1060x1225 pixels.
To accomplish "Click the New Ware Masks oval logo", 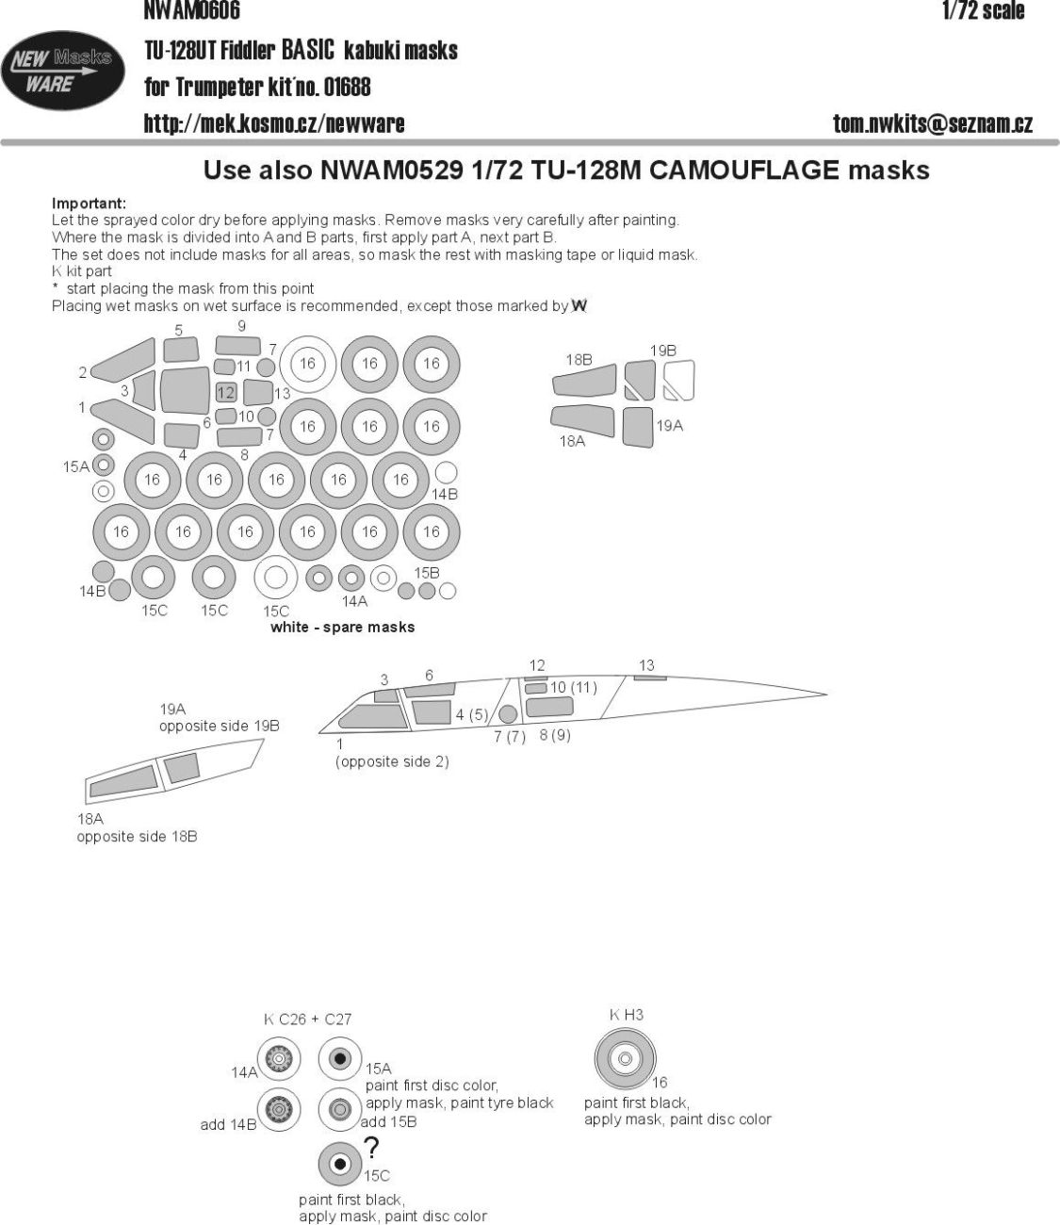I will tap(63, 72).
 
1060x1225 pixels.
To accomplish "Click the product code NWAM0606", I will tap(192, 11).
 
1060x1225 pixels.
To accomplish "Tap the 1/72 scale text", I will tap(982, 11).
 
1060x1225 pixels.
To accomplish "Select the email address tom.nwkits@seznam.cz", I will tap(933, 123).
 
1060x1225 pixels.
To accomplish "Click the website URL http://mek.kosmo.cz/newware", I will tap(274, 123).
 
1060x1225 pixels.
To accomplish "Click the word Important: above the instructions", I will tap(89, 204).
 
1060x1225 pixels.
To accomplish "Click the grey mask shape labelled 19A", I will tap(638, 424).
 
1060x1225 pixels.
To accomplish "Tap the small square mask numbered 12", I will tap(225, 392).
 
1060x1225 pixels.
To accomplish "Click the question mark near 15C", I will tap(372, 1148).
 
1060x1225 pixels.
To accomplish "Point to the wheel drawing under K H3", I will tap(624, 1058).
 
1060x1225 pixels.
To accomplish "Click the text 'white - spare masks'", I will tap(342, 627).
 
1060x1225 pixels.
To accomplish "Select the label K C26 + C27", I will tap(307, 1019).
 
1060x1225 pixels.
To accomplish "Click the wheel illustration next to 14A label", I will tap(280, 1061).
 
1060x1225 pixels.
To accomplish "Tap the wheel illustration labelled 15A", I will tap(340, 1061).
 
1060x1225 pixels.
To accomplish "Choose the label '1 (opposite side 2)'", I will tap(391, 753).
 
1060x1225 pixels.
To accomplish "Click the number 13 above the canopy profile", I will tap(646, 665).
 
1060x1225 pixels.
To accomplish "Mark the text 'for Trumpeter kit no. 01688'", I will tap(257, 88).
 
